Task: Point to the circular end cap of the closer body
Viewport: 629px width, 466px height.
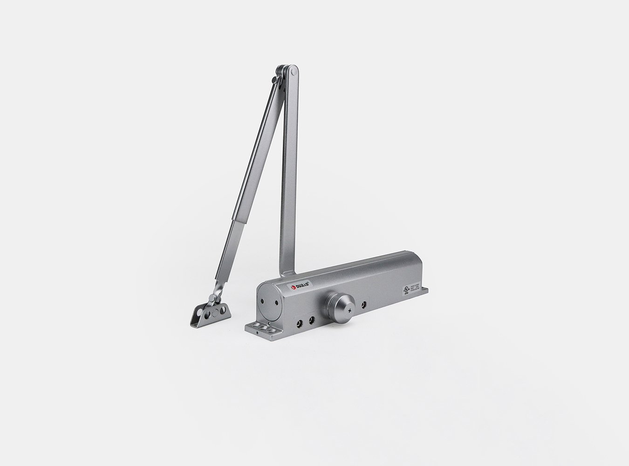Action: coord(269,302)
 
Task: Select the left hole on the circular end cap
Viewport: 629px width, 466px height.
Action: coord(264,300)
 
